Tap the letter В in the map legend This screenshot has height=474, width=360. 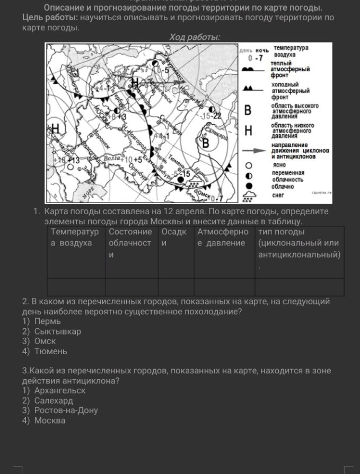[247, 111]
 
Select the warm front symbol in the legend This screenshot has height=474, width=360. [253, 69]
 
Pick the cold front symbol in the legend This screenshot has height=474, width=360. [253, 89]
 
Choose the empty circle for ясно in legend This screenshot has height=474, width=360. [248, 165]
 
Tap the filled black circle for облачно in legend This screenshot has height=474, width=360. [248, 186]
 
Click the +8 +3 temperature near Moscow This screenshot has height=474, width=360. [118, 116]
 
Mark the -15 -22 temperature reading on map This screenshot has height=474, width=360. [212, 116]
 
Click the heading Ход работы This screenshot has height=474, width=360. [195, 37]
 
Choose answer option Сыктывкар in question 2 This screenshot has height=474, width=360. [58, 331]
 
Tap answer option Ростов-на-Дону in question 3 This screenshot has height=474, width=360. [66, 410]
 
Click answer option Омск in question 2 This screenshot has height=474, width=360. [45, 341]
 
